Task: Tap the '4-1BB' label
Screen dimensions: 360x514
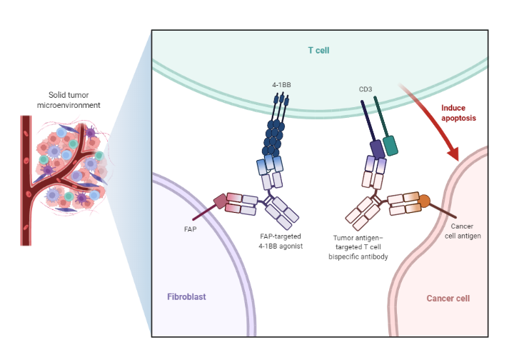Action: coord(281,84)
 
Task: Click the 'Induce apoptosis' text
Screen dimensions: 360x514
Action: coord(458,112)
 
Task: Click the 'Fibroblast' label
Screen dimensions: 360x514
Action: coord(187,296)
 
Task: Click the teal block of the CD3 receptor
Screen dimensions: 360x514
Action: coord(390,145)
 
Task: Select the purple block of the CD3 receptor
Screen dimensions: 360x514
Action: coord(377,149)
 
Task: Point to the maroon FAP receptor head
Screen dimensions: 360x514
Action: coord(221,201)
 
